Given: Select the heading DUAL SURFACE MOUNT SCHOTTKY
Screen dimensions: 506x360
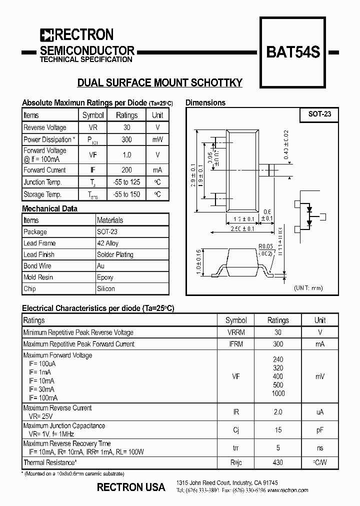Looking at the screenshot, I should coord(159,83).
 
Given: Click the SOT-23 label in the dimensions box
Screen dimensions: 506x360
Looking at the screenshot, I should coord(319,114).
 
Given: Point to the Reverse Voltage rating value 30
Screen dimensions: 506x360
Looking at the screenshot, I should coord(126,127).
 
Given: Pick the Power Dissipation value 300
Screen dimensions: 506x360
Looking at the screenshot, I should coord(126,140).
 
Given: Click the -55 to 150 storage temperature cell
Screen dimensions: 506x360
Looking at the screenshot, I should coord(126,194).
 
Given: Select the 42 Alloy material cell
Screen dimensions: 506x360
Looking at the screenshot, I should coord(108,243).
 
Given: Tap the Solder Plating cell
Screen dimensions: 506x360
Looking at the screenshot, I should coord(115,254).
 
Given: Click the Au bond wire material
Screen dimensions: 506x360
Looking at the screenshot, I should coord(100,266).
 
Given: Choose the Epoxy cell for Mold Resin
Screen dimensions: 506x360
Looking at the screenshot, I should coord(105,277).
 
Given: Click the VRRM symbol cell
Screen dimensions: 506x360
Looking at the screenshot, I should coord(236,332).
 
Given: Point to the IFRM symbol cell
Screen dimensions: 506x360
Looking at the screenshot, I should coord(236,344).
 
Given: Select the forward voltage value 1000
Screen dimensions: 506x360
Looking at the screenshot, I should coord(278,393).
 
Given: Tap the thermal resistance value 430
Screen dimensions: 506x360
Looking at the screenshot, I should coord(278,463).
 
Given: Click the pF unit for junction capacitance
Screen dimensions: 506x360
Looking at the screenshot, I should coord(320,430).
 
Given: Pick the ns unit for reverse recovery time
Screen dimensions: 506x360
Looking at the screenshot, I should coord(320,448).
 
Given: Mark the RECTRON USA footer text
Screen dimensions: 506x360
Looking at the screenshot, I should coord(131,487).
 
